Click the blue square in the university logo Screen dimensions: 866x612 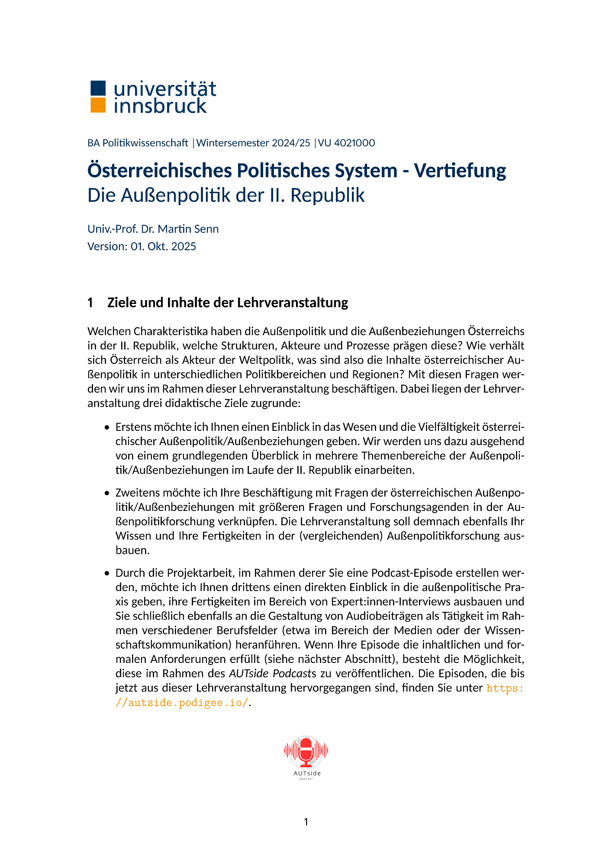click(x=98, y=88)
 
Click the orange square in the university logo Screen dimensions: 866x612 click(x=98, y=105)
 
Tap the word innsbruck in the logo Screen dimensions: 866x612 click(x=160, y=106)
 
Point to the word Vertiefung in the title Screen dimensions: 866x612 click(x=460, y=171)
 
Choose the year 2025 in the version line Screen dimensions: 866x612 click(x=184, y=246)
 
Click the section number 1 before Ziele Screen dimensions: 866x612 click(x=90, y=303)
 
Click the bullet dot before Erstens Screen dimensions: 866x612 click(x=107, y=428)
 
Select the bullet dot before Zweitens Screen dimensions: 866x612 click(x=107, y=494)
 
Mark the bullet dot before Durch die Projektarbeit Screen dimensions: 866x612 click(x=107, y=574)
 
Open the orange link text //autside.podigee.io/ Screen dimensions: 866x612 click(x=182, y=702)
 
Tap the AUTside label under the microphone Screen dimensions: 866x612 click(x=307, y=773)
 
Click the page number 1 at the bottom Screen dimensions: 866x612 click(x=306, y=822)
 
